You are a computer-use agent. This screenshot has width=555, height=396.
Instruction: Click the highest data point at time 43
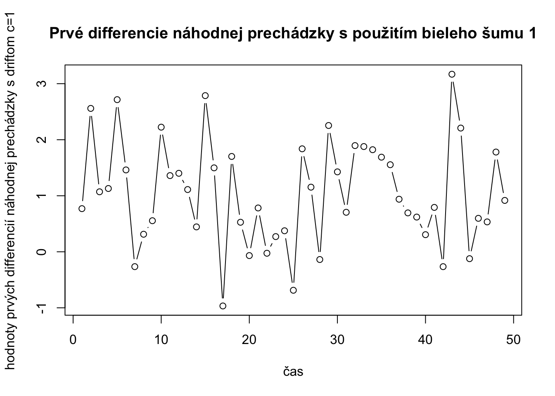(x=452, y=74)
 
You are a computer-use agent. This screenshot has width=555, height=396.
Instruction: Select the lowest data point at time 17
(x=223, y=306)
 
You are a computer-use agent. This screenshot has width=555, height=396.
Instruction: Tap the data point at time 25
(x=293, y=290)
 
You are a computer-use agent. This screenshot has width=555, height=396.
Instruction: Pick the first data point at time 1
(x=82, y=208)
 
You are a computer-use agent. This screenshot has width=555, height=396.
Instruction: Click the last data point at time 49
(x=505, y=200)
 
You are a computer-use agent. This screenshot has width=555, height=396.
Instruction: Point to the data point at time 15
(x=205, y=95)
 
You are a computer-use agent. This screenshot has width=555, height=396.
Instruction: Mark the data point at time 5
(x=117, y=99)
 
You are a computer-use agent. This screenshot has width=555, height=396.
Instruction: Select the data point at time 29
(x=329, y=125)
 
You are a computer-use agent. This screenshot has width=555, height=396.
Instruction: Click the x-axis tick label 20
(x=249, y=340)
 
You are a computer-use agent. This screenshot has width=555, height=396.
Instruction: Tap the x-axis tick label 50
(x=513, y=340)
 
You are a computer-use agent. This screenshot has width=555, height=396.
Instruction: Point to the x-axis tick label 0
(x=73, y=340)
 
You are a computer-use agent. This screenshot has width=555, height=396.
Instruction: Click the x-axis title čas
(x=293, y=372)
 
